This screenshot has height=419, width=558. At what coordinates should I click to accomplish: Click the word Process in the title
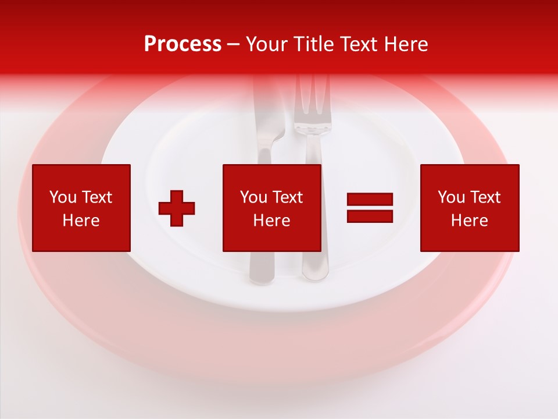click(183, 44)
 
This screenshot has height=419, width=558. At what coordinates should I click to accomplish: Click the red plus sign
click(177, 208)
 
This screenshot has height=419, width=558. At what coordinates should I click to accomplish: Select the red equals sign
click(370, 208)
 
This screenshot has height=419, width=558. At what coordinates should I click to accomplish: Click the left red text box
click(81, 208)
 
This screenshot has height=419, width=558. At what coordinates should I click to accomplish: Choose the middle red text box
click(272, 208)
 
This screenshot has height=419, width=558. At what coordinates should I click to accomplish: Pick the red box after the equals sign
click(470, 208)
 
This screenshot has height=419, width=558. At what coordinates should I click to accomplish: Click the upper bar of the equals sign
click(370, 200)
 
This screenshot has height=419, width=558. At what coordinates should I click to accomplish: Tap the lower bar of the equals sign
click(370, 216)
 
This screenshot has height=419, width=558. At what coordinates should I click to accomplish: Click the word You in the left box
click(63, 197)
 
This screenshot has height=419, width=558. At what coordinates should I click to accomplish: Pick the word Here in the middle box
click(272, 221)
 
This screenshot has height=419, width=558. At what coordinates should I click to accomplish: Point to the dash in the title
click(234, 45)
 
